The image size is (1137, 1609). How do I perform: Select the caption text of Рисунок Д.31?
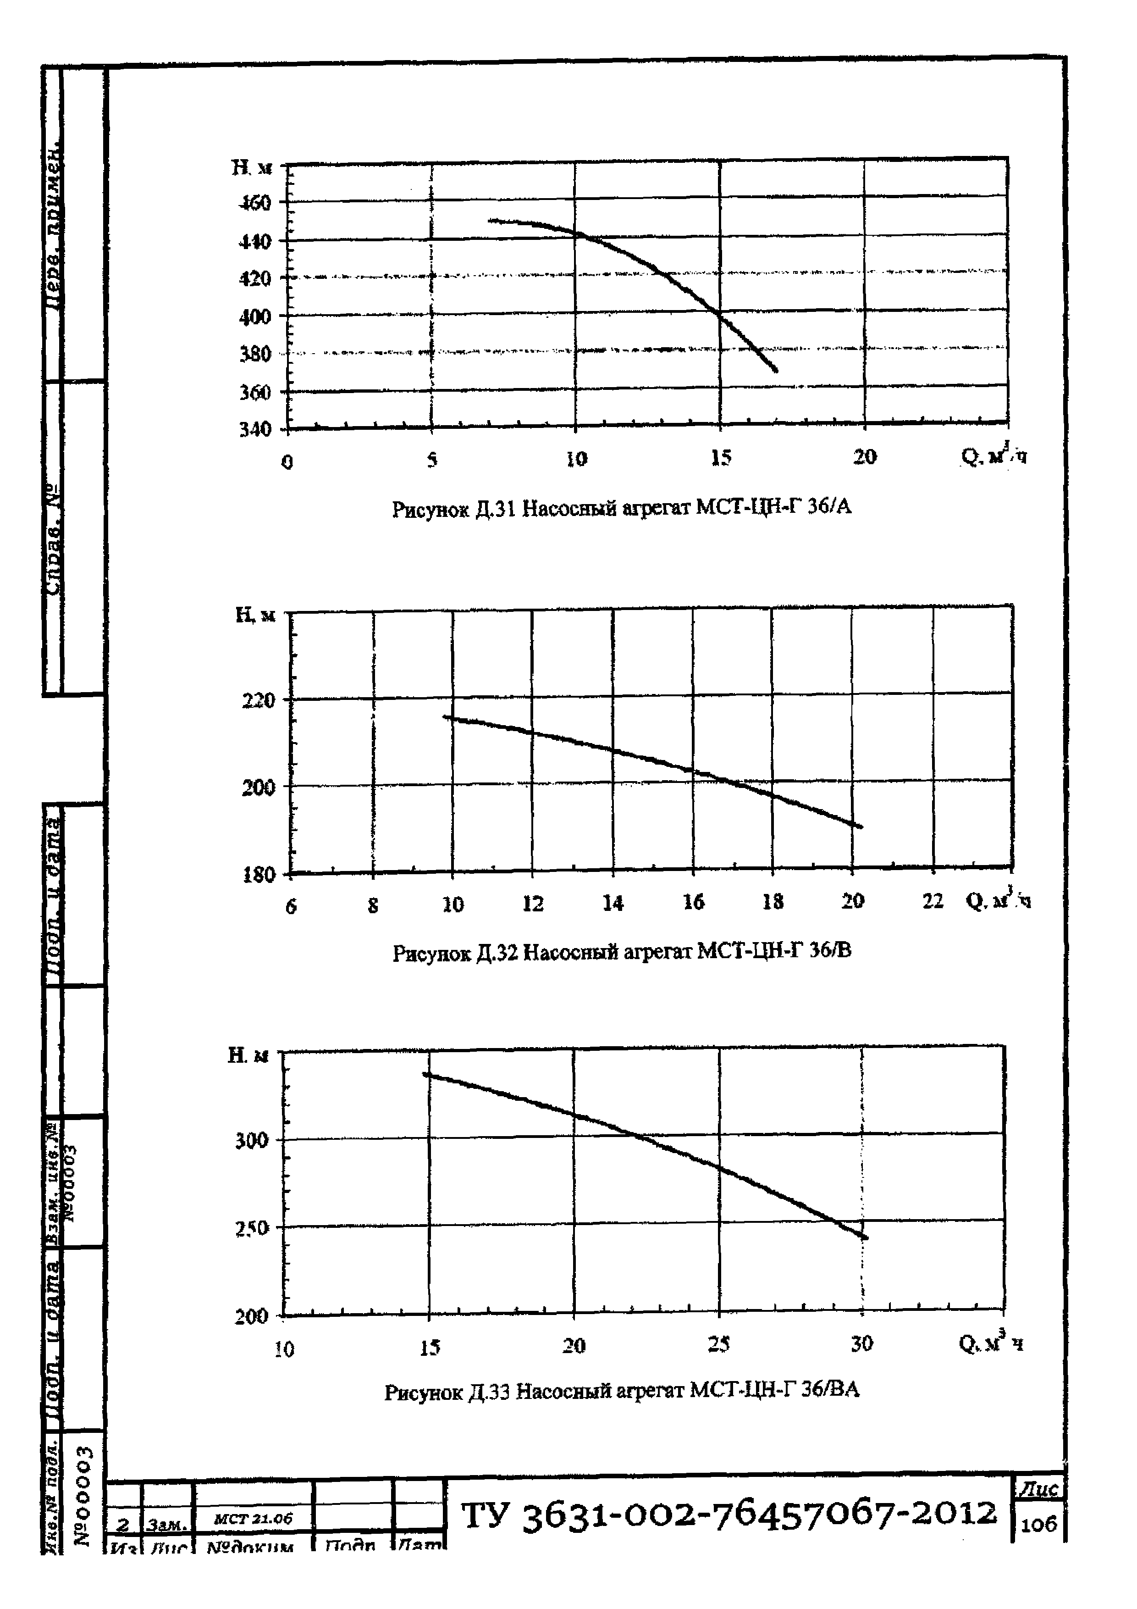[x=621, y=507]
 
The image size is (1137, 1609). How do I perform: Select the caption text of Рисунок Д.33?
[x=621, y=1390]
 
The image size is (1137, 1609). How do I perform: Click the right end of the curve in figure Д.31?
[x=776, y=370]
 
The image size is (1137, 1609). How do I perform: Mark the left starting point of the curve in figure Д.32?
[x=446, y=716]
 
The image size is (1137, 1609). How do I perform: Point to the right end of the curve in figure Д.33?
[x=866, y=1237]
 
